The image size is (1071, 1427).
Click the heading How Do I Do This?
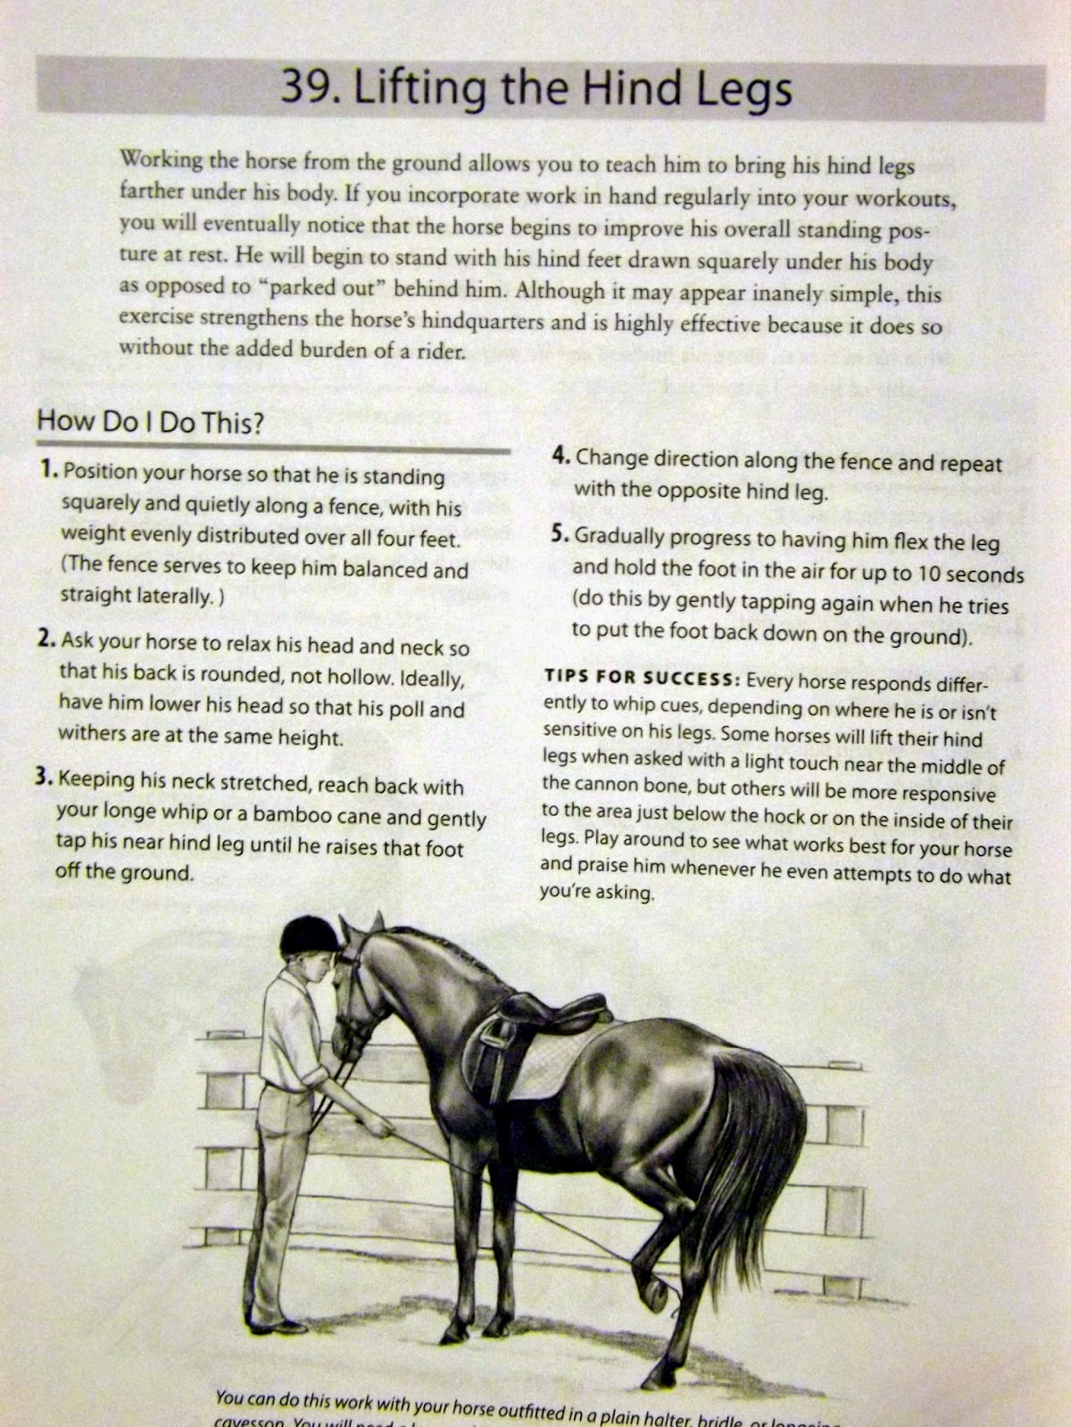150,422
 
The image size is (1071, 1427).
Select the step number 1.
49,470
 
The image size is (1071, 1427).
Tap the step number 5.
560,534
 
